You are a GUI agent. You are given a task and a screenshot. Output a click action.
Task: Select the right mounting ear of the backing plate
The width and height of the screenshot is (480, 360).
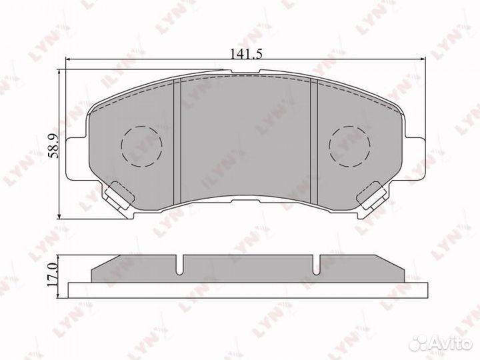pyautogui.click(x=415, y=155)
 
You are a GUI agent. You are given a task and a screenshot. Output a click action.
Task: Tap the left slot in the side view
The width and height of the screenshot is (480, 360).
pyautogui.click(x=179, y=265)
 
